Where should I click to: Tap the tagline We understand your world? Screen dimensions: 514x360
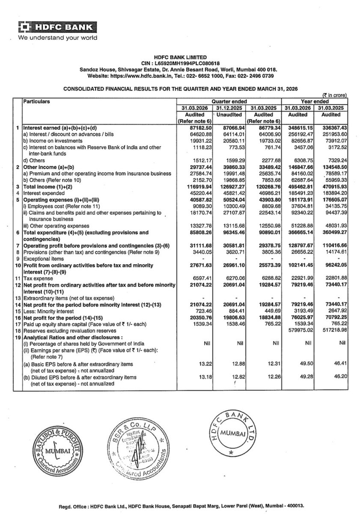57,38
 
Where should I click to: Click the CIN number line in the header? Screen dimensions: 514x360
180,63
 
